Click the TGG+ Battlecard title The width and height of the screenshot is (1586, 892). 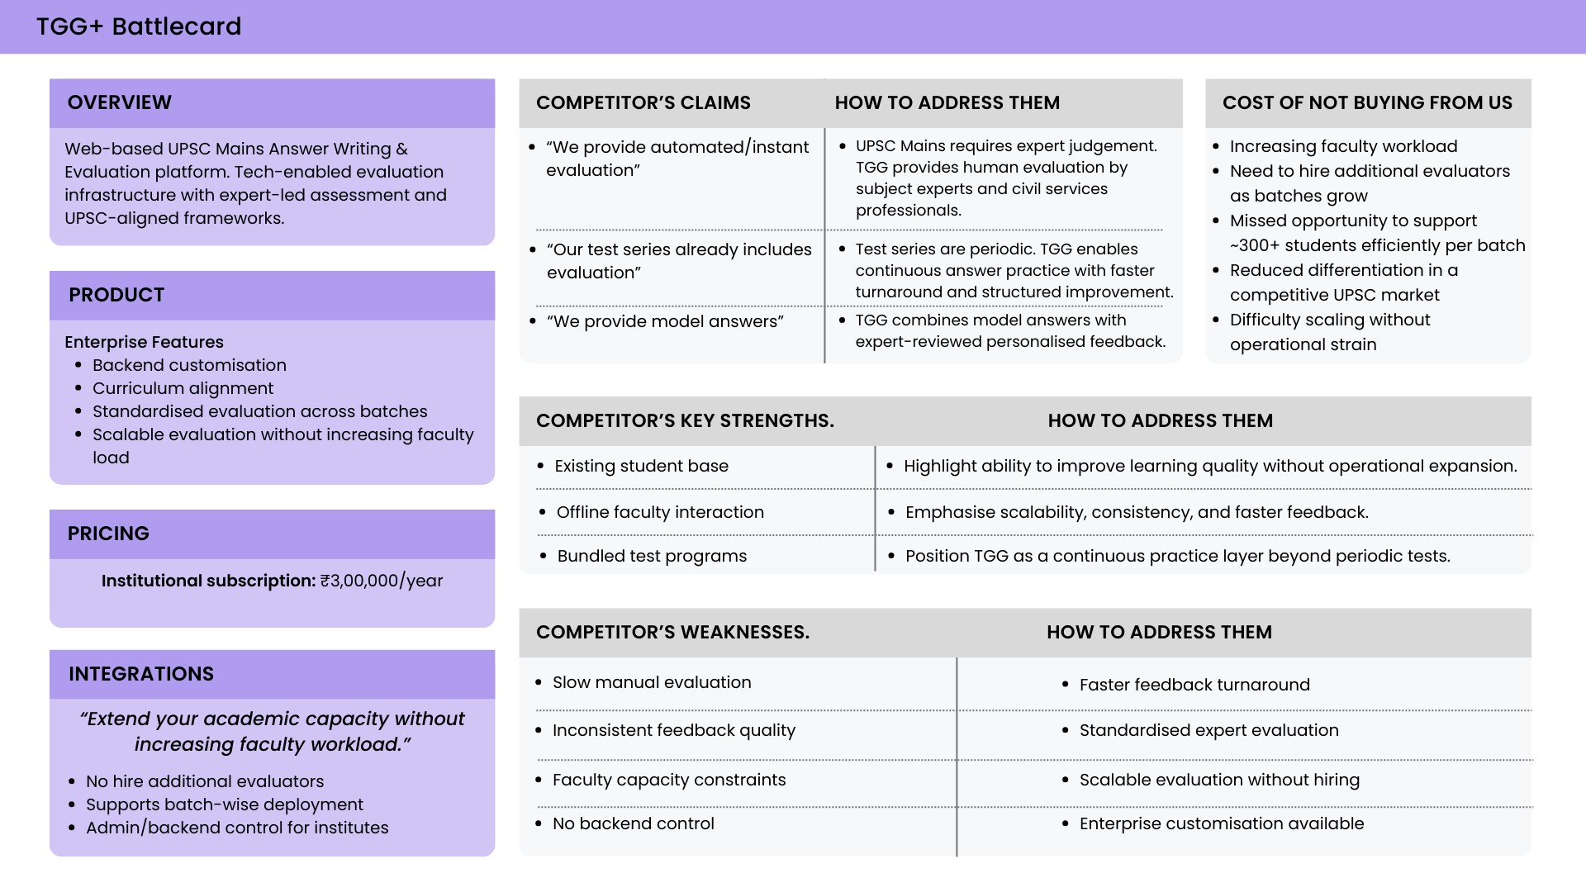[139, 26]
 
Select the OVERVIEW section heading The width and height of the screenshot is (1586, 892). [120, 102]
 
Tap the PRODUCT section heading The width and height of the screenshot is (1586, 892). [116, 295]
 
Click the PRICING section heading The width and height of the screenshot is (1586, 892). [108, 534]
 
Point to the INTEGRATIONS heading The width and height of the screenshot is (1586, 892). [141, 674]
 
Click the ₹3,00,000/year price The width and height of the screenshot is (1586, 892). [382, 581]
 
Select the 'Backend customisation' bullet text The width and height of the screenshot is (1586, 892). [189, 365]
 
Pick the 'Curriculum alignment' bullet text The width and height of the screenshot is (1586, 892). [183, 388]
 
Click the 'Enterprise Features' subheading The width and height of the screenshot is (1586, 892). [144, 342]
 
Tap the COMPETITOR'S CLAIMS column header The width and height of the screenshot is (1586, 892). [643, 102]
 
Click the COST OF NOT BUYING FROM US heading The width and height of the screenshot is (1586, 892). [1367, 102]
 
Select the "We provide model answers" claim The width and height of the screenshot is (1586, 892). [665, 321]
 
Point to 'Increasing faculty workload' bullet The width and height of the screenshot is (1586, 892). [1343, 146]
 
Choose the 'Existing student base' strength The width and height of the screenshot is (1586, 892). [642, 466]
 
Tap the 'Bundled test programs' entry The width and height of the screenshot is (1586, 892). [652, 556]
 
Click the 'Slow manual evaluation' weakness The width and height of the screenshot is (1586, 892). [652, 682]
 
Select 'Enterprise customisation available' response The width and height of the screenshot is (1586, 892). [1222, 823]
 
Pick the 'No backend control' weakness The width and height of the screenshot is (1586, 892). [634, 823]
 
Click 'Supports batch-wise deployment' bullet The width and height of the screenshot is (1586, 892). [225, 804]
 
